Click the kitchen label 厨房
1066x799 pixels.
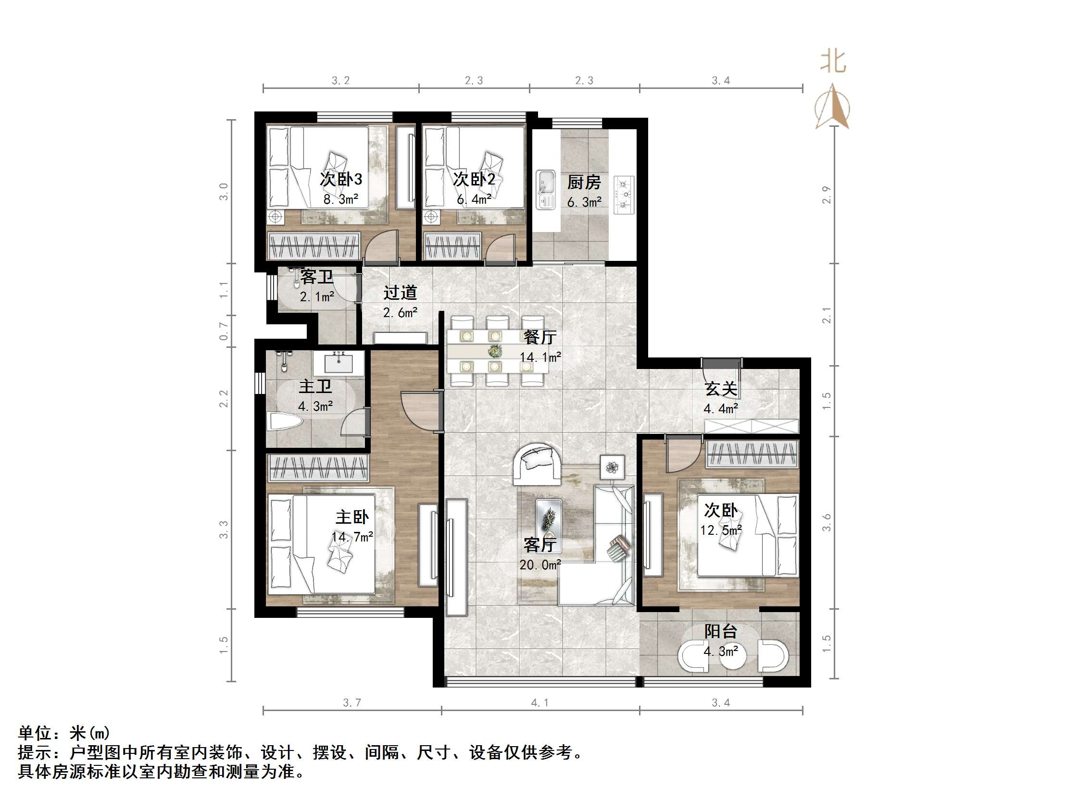(584, 183)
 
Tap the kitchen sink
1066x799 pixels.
(546, 189)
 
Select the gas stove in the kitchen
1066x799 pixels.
(624, 195)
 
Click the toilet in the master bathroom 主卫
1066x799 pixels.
(285, 422)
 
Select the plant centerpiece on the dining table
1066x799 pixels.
(494, 351)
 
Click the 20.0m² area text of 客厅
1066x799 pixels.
(540, 565)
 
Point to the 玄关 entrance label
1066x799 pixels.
(721, 389)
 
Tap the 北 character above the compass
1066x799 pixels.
(833, 62)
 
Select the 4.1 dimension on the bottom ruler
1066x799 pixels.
(539, 703)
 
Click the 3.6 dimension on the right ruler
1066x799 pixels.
(827, 522)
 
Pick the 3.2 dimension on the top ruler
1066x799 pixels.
(340, 80)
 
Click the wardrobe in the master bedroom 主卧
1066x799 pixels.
(317, 467)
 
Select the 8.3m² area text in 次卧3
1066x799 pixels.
(340, 199)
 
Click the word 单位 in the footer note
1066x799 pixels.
(35, 733)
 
